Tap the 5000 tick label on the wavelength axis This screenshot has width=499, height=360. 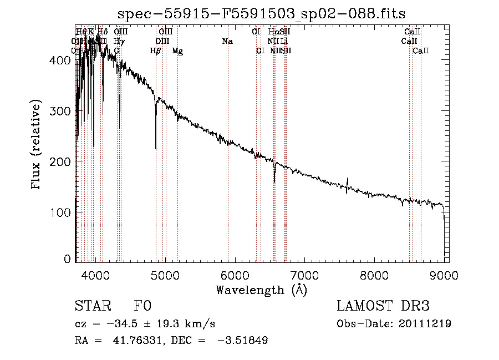tap(165, 276)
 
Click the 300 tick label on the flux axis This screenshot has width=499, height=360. tap(62, 111)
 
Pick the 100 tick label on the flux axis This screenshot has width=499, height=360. tap(62, 212)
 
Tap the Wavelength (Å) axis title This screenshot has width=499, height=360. tap(261, 290)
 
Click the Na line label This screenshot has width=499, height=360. tap(227, 41)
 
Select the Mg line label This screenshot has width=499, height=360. tap(177, 51)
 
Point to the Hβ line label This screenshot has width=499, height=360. tap(156, 51)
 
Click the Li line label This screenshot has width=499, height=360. tap(284, 41)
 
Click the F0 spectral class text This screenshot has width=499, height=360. tap(143, 306)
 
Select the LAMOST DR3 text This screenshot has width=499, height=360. tap(383, 306)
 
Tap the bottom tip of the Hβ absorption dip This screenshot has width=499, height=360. tap(156, 149)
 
